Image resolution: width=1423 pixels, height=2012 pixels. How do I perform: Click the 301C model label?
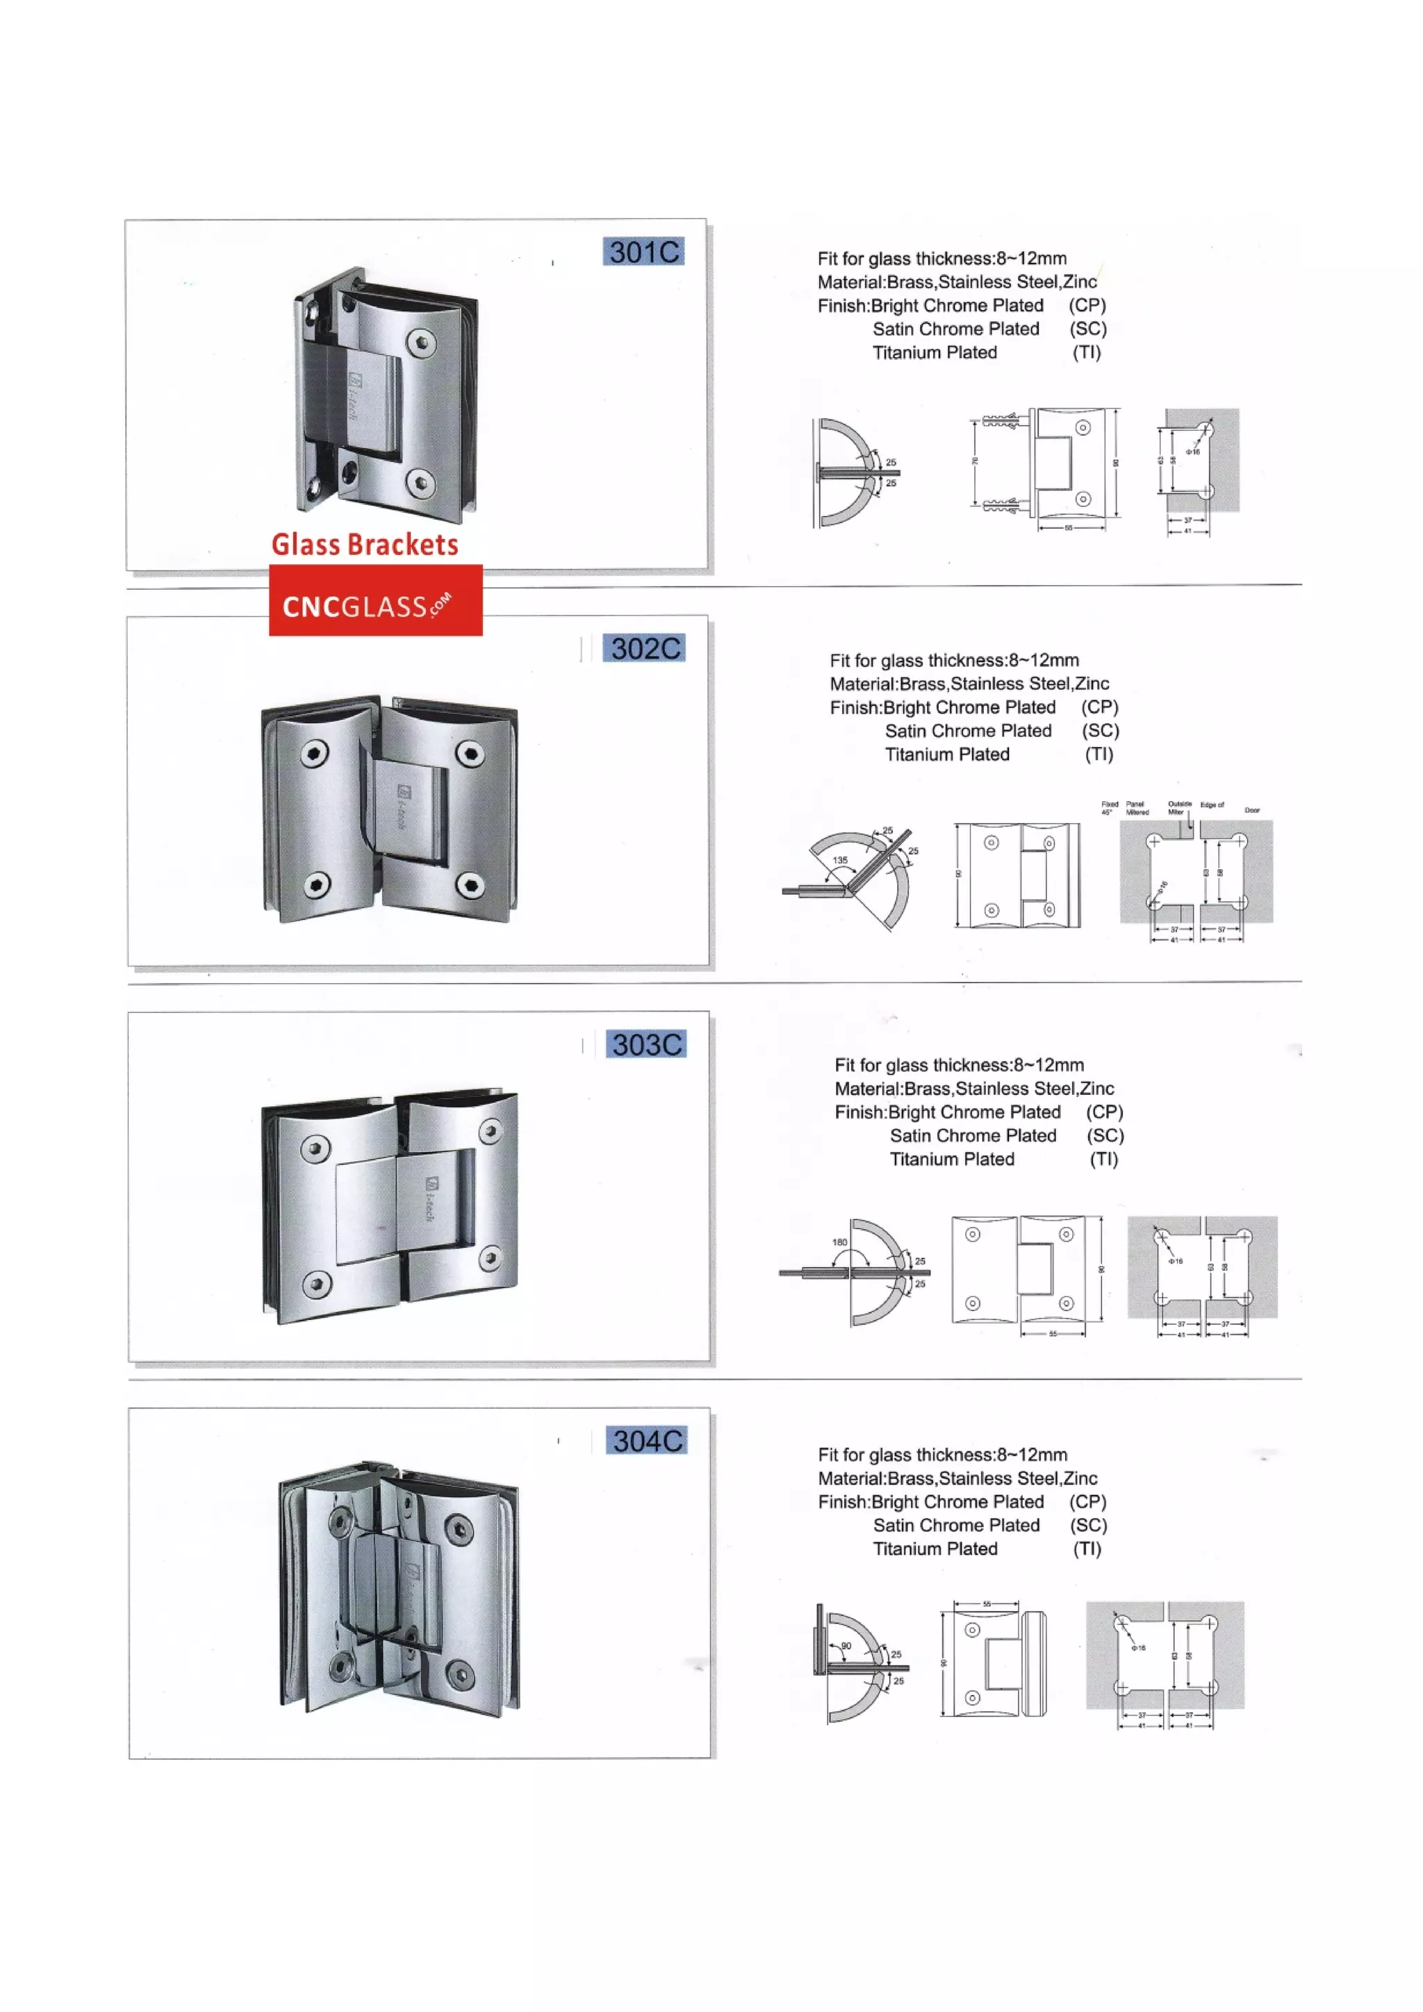(643, 251)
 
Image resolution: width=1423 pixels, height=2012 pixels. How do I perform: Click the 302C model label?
(645, 648)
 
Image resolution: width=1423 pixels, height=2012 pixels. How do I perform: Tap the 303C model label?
(647, 1044)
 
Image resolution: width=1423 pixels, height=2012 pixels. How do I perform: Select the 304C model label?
(647, 1441)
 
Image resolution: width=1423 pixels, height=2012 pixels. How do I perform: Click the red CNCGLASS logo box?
(375, 600)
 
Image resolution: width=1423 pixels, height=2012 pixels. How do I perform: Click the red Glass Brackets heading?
(365, 545)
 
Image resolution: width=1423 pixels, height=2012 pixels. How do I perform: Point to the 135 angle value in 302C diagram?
(840, 861)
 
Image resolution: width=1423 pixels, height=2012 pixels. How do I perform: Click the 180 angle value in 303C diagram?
(839, 1243)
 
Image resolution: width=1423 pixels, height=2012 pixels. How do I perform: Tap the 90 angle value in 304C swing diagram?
(846, 1646)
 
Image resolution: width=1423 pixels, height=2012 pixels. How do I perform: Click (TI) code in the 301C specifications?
(1087, 352)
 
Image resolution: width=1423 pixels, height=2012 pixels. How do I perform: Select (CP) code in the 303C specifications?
(1104, 1112)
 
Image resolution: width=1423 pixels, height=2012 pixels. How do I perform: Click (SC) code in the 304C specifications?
(1088, 1526)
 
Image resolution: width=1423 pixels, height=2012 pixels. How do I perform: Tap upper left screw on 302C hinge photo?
(315, 754)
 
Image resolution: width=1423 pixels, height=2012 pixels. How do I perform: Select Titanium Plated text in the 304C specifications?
(935, 1549)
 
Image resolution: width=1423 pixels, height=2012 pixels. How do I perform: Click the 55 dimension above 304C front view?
(987, 1604)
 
